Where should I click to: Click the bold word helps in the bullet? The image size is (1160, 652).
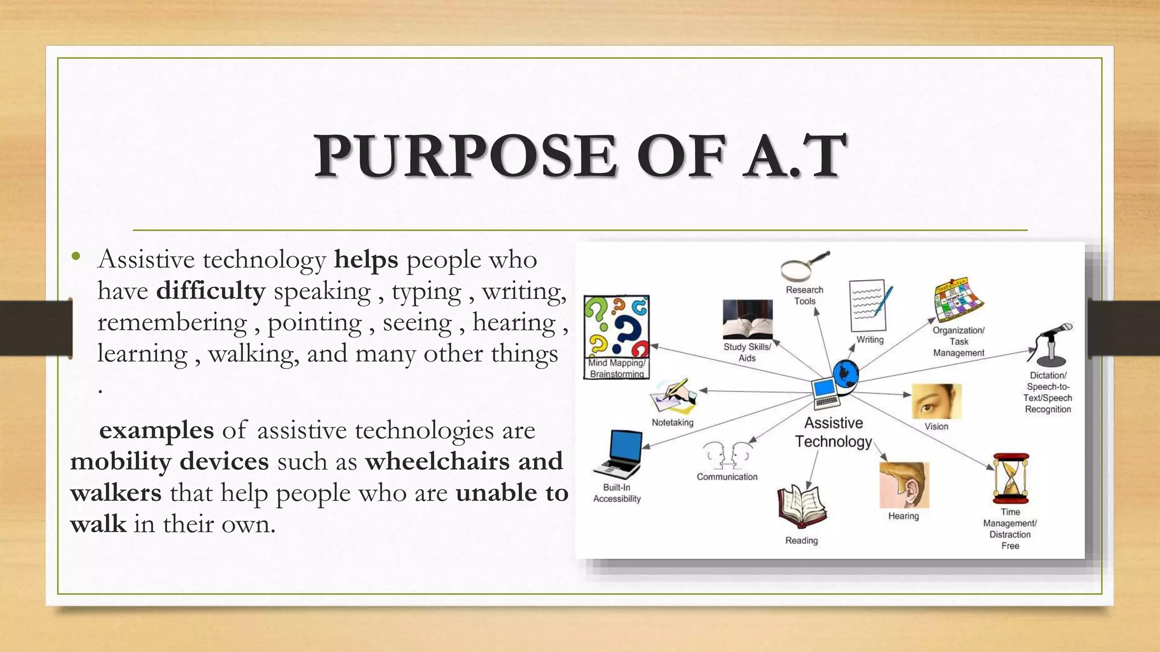click(x=366, y=260)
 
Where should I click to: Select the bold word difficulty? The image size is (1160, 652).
click(x=211, y=291)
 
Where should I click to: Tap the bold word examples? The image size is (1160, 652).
click(x=156, y=430)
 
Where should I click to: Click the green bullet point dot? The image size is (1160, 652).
click(x=76, y=257)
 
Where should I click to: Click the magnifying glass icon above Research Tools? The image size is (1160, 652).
click(x=804, y=267)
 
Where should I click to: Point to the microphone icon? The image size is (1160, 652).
click(x=1051, y=344)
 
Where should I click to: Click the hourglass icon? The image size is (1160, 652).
click(x=1011, y=478)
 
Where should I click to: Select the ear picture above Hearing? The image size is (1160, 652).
click(x=904, y=485)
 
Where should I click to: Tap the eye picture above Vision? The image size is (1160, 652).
click(x=936, y=401)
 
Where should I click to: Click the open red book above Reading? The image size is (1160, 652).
click(x=801, y=505)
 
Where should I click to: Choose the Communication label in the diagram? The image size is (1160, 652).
click(x=727, y=477)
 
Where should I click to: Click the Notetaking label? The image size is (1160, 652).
click(x=672, y=422)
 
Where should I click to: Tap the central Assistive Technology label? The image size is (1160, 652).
click(x=833, y=432)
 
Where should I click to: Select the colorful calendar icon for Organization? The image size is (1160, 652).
click(x=958, y=301)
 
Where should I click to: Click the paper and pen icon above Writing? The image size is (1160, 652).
click(x=869, y=306)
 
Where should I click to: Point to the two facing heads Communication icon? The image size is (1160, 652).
click(x=727, y=455)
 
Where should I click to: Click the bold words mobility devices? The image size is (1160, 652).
click(x=169, y=461)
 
